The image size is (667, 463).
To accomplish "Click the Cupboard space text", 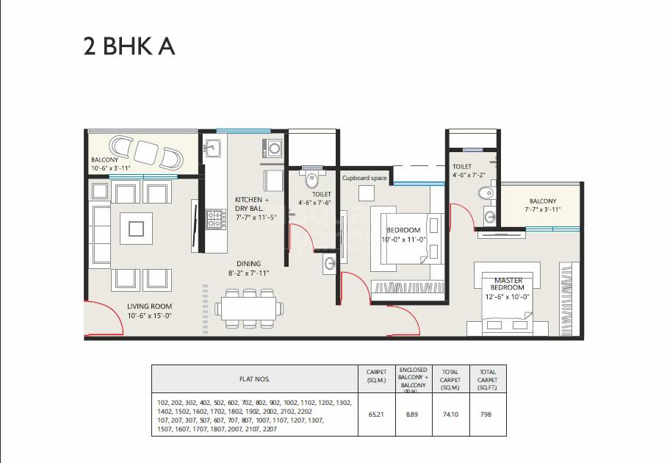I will (x=364, y=178).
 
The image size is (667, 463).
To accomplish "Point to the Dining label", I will (x=248, y=263).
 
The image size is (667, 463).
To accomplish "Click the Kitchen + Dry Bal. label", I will (x=252, y=204).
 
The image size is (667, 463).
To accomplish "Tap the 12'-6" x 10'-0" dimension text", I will (x=508, y=298).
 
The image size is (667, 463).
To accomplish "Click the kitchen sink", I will (x=214, y=148).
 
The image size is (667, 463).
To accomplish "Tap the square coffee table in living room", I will (x=136, y=229).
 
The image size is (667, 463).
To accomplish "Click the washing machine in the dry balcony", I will (x=273, y=148).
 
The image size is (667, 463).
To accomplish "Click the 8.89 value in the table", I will (x=413, y=414).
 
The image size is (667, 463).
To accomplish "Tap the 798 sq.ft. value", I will (x=486, y=414).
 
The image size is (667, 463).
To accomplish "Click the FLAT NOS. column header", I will (x=254, y=379).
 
